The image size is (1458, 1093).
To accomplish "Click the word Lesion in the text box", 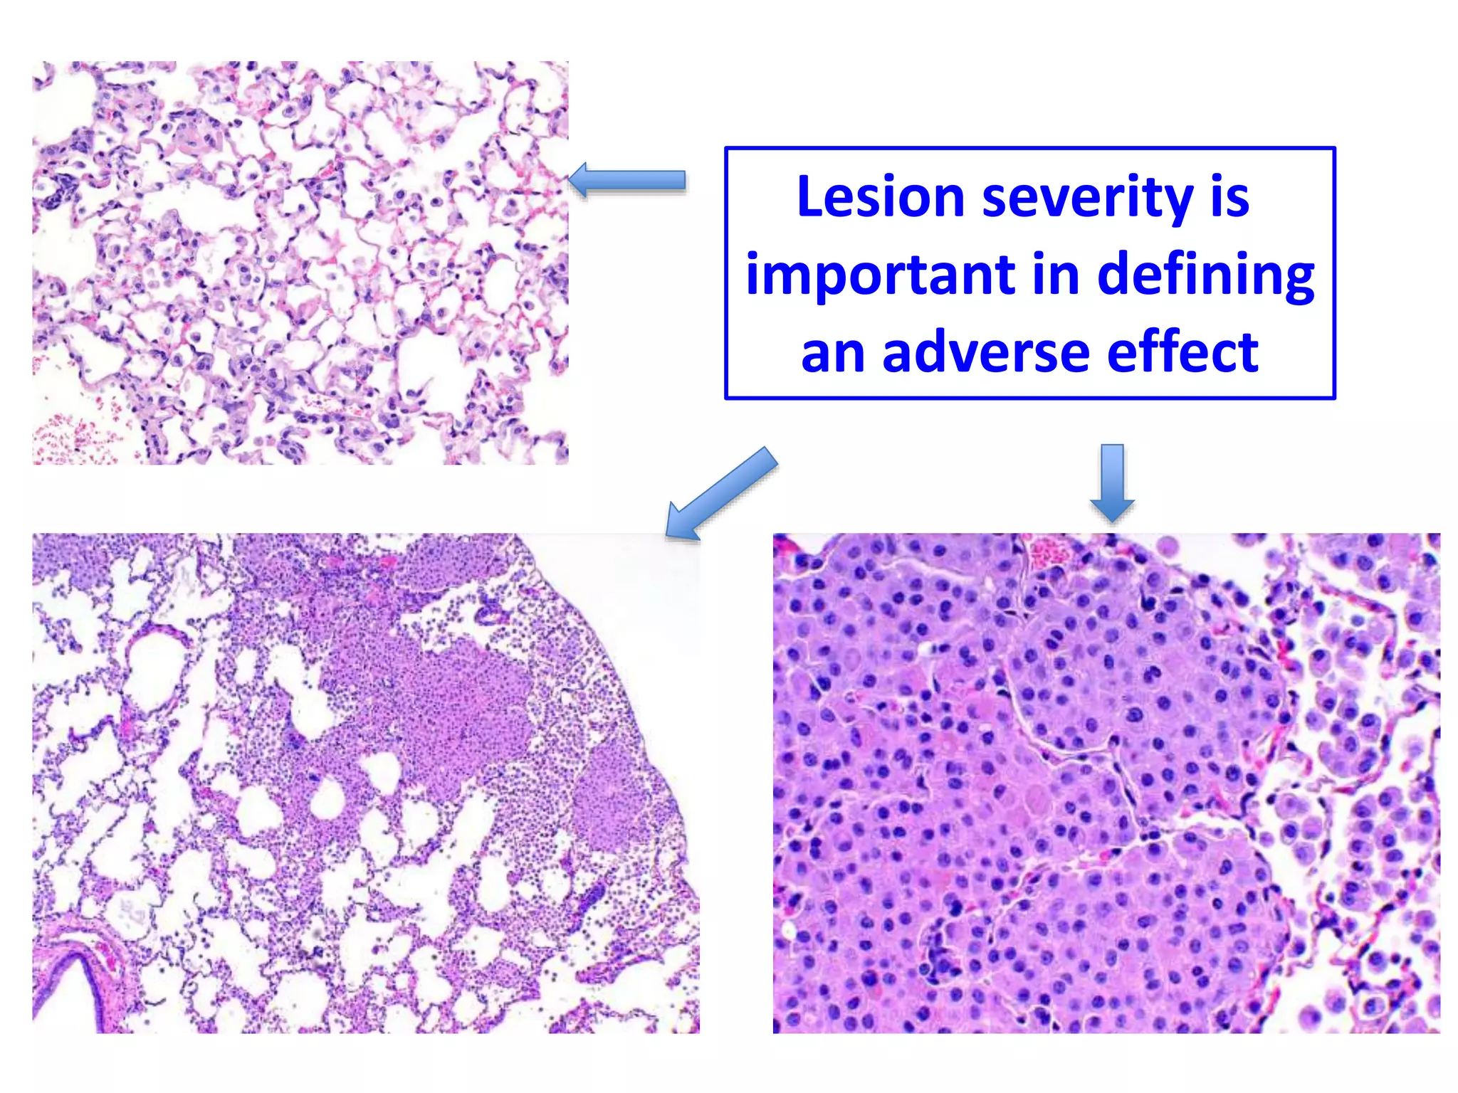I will coord(880,197).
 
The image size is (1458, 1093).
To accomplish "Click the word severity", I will coord(1087,197).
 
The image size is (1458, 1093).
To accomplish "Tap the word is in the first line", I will coord(1229,197).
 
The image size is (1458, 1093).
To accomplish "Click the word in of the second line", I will coord(1056,274).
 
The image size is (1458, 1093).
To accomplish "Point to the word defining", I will coord(1206,275).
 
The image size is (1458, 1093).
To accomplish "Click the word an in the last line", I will coord(832,353).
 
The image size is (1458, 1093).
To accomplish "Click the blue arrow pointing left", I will coord(626,180).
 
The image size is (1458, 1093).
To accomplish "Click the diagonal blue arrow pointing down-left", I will coord(720,494).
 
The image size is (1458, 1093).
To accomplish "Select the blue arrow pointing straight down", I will coord(1112,482).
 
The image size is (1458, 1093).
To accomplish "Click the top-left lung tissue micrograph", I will coord(300,263).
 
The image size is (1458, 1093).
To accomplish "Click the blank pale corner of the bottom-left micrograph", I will coord(641,584).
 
